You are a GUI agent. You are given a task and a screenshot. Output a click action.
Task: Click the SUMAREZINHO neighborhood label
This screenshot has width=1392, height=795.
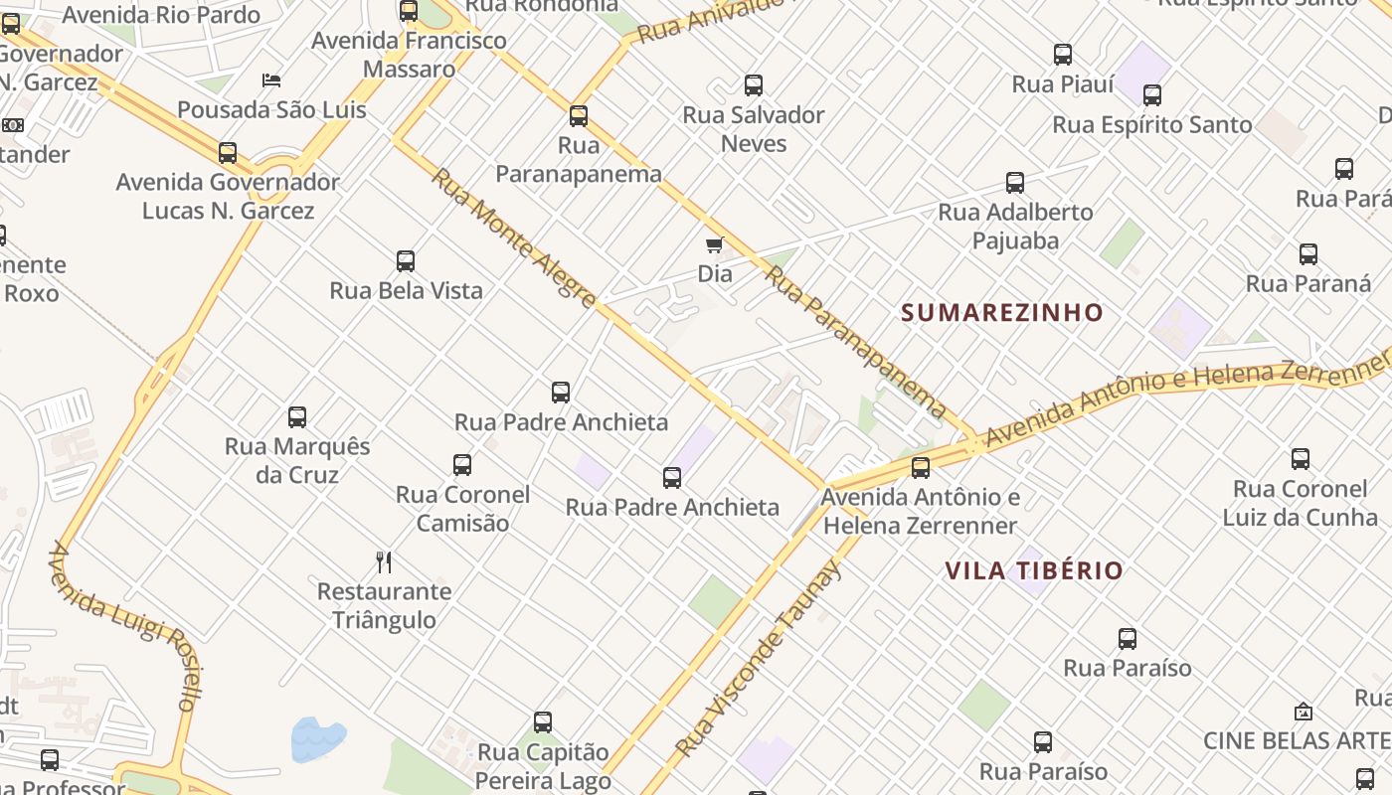(x=1001, y=313)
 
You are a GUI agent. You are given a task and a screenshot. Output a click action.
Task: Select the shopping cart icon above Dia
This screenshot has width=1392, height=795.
(x=714, y=244)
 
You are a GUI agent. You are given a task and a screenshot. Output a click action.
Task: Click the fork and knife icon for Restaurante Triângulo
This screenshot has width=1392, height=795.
(x=384, y=562)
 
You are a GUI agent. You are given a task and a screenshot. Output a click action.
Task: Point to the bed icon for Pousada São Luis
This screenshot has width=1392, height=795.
(x=271, y=80)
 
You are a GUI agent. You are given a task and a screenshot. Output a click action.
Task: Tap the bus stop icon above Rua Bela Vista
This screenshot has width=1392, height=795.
(x=406, y=261)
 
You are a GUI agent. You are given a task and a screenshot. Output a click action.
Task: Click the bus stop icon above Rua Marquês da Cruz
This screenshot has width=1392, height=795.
(x=297, y=417)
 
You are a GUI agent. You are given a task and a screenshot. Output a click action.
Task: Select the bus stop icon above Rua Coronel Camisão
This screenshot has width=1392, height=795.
(x=462, y=465)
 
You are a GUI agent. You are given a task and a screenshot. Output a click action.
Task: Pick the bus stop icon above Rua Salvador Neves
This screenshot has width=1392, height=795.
(x=754, y=85)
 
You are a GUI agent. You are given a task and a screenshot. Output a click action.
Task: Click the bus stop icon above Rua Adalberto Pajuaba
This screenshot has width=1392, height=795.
(x=1015, y=183)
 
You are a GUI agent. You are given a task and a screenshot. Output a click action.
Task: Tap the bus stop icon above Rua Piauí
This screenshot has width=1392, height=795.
(x=1063, y=55)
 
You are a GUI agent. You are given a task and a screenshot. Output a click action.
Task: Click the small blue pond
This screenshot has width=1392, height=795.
(x=317, y=739)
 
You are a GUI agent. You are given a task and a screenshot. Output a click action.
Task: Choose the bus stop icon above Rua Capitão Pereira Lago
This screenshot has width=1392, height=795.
(x=543, y=722)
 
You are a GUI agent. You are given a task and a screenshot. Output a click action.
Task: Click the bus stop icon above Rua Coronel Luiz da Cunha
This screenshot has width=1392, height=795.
(x=1301, y=459)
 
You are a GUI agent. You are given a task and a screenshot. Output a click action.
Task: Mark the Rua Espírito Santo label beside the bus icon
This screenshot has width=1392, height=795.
(x=1151, y=125)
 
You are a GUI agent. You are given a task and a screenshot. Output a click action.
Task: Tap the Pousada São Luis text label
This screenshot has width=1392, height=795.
(x=271, y=110)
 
